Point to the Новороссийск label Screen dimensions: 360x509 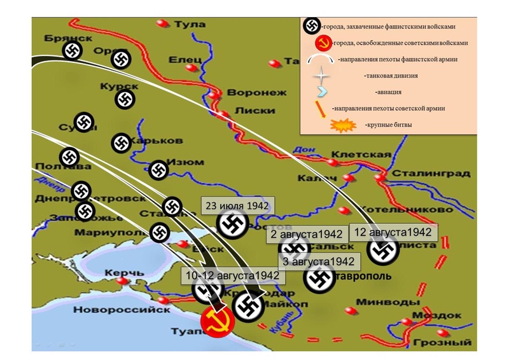pos(122,310)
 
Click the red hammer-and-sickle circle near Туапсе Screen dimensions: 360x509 pos(216,322)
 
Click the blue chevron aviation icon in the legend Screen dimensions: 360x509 pos(323,92)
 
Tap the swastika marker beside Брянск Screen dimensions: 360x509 pos(72,51)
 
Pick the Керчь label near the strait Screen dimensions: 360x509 pos(124,273)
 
